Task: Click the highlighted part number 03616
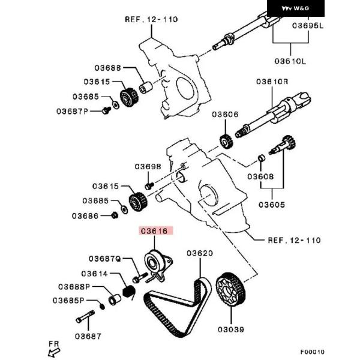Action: (x=154, y=230)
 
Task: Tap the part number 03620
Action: (x=199, y=254)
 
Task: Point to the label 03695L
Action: (x=308, y=26)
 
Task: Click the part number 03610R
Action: (x=272, y=81)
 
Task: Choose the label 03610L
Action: (x=290, y=61)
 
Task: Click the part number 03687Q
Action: (x=105, y=259)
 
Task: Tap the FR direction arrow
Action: (x=55, y=346)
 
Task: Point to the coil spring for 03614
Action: (x=127, y=293)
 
